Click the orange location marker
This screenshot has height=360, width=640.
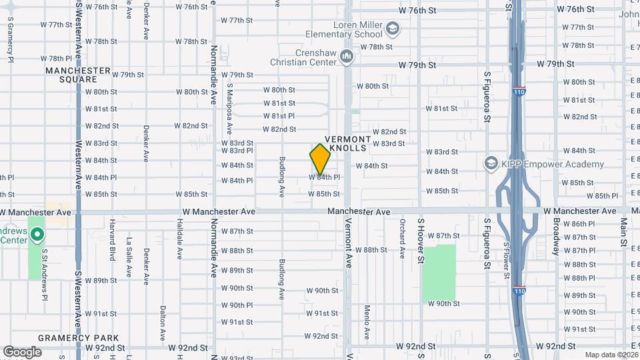(320, 159)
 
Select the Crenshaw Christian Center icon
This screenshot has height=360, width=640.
(346, 57)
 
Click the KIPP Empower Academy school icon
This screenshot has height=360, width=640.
(491, 164)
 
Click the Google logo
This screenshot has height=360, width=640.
(22, 352)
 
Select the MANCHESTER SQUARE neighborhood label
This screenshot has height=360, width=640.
(78, 75)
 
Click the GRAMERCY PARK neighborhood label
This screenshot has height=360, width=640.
(69, 337)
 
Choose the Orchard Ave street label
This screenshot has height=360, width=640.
(403, 244)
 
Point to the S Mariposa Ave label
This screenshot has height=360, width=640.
(229, 109)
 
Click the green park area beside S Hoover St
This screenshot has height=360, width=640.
(439, 272)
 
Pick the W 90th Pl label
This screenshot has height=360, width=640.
(237, 305)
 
